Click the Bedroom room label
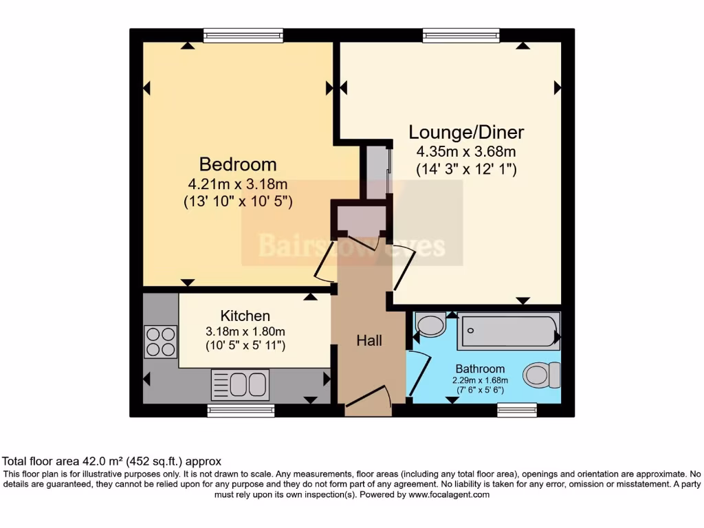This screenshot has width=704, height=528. point(238,165)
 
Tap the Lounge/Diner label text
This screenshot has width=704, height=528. point(466,132)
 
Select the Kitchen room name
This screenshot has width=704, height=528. point(245,316)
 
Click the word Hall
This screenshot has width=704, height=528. point(369,340)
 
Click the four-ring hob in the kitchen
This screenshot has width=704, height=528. point(160,341)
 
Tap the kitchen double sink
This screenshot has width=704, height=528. point(240,384)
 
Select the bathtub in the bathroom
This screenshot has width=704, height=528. point(509,331)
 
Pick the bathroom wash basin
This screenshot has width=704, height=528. point(431,324)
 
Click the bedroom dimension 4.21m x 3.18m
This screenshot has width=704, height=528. point(237,184)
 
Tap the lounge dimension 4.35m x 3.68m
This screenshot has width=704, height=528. point(466,151)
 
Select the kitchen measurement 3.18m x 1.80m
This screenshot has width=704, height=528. point(245,331)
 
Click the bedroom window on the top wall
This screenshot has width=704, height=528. point(243,35)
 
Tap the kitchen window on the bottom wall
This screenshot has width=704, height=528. point(241,410)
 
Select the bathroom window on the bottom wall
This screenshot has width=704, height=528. point(516,410)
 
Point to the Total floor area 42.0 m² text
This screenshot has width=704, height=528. point(112,461)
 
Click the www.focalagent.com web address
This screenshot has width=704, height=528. point(449,494)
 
